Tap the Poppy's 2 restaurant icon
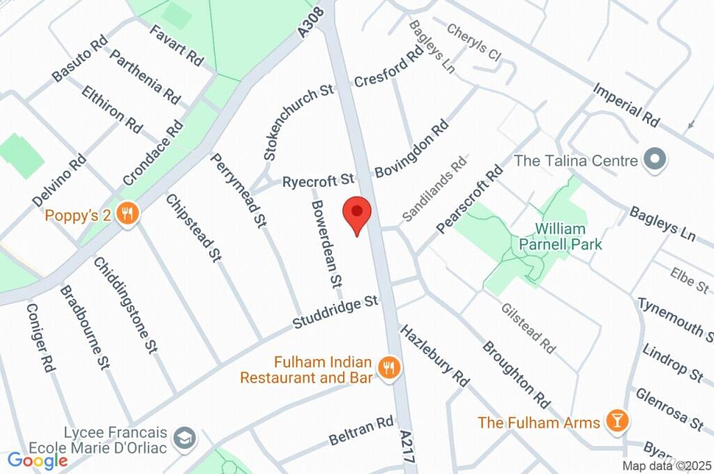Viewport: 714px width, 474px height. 126,215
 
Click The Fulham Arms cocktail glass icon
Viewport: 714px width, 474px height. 616,420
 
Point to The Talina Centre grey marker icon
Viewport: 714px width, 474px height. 654,160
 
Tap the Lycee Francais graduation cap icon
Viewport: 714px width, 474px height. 187,438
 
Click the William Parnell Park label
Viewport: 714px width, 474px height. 561,236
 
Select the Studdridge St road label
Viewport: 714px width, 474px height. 335,313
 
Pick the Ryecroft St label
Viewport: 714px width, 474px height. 319,182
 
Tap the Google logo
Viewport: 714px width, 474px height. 37,460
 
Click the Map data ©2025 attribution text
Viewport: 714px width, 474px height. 667,466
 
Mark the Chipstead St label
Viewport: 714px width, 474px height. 193,228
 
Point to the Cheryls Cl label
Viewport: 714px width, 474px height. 475,43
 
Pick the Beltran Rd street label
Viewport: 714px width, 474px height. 362,432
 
